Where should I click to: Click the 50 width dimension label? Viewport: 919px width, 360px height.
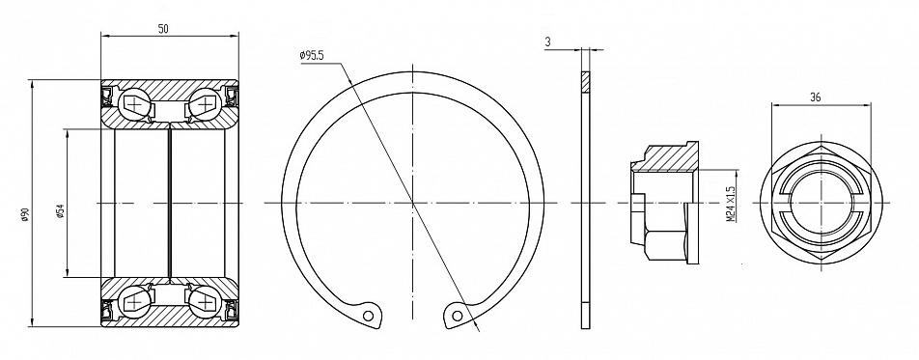[163, 29]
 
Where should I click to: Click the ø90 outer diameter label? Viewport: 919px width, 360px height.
[25, 216]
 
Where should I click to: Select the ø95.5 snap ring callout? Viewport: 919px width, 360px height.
[312, 56]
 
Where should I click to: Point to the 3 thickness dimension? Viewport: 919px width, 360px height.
[547, 42]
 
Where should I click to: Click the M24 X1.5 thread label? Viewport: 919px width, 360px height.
[730, 204]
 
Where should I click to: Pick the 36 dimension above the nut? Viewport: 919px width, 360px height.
[815, 97]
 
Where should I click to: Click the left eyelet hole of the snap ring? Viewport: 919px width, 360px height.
[368, 316]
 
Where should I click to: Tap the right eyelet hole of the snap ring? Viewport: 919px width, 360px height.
[457, 316]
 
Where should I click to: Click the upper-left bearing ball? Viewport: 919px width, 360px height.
[134, 104]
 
